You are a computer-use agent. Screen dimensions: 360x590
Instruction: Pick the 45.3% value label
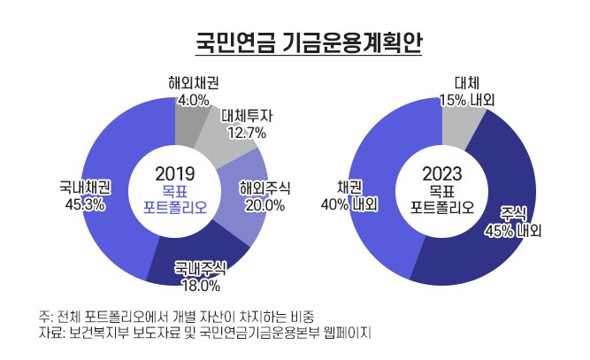(x=85, y=204)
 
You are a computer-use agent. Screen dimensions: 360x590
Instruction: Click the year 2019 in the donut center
(x=174, y=172)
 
